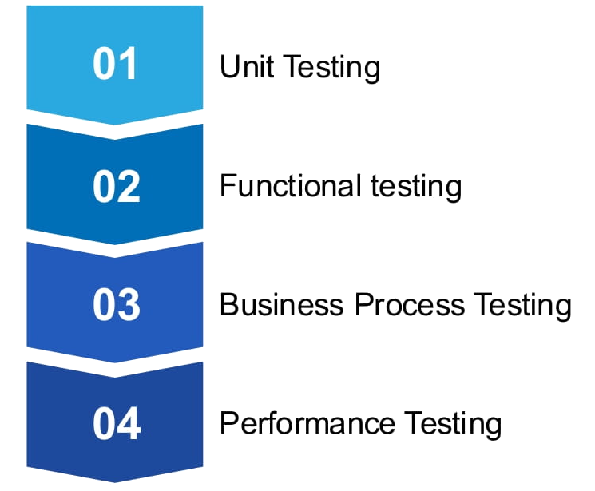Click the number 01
[x=116, y=65]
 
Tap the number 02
[x=116, y=185]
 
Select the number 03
[x=116, y=304]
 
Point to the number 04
[x=116, y=423]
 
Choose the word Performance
[x=307, y=423]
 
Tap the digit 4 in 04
[x=129, y=423]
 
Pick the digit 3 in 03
[x=129, y=304]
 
